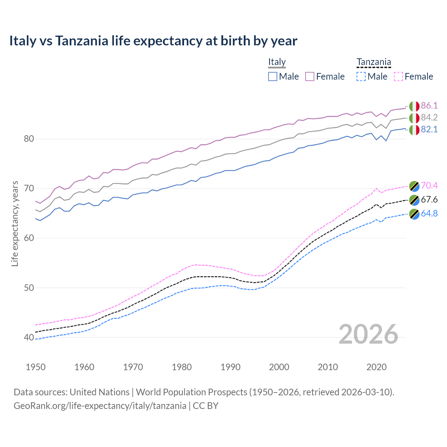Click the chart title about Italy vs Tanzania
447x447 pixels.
(x=153, y=41)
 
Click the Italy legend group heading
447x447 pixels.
(x=277, y=62)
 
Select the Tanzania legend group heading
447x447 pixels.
(x=374, y=62)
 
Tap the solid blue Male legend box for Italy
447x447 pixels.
(x=273, y=76)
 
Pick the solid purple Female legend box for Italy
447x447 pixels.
(x=310, y=76)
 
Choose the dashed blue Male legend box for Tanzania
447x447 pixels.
(x=361, y=76)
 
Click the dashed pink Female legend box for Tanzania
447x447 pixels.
(x=398, y=76)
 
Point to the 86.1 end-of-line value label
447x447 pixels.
(x=429, y=105)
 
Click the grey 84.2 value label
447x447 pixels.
(x=429, y=117)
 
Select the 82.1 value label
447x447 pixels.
(x=429, y=129)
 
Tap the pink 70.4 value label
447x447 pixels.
(x=429, y=185)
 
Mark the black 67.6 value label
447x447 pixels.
(x=429, y=199)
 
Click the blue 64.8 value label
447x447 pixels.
(x=429, y=213)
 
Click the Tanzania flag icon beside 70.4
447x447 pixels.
(x=414, y=186)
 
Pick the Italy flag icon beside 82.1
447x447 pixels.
(x=414, y=130)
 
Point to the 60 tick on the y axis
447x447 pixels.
(x=29, y=238)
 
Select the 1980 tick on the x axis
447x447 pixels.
(x=182, y=367)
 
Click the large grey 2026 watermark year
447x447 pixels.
(x=368, y=334)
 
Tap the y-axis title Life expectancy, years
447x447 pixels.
(x=15, y=223)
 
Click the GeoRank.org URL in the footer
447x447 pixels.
(x=100, y=406)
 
